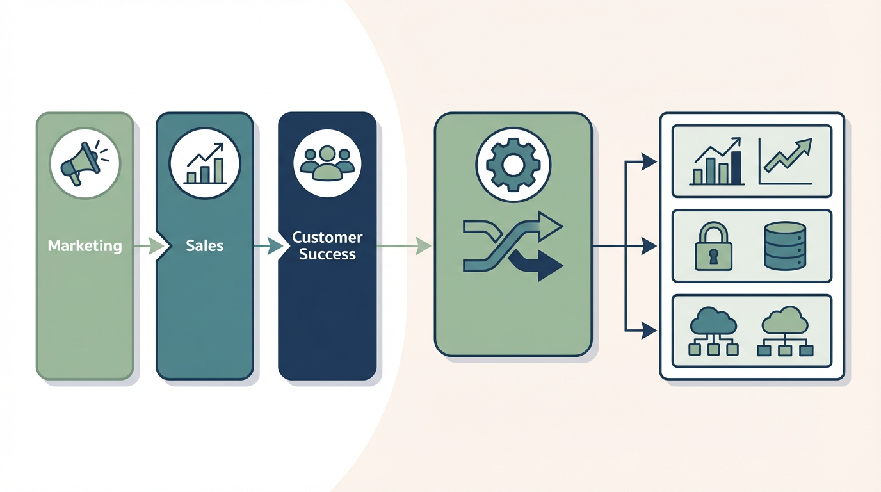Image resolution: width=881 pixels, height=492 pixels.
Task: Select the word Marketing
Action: [x=85, y=246]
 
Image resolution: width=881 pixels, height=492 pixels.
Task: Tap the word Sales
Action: [x=204, y=246]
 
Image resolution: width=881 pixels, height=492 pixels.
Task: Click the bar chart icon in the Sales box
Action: [x=205, y=164]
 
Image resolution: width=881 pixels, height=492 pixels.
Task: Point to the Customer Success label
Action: [x=327, y=246]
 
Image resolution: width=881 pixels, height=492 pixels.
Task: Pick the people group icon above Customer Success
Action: [x=327, y=163]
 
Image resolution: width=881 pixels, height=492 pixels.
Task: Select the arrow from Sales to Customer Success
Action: [x=269, y=246]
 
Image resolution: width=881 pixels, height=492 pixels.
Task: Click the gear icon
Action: [x=513, y=165]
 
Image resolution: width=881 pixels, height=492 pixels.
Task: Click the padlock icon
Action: [x=713, y=247]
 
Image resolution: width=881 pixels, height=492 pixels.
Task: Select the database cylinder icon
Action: [x=784, y=246]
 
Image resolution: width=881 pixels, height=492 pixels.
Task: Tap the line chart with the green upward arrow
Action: [x=786, y=162]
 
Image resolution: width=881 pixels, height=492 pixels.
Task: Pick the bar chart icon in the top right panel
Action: [x=717, y=163]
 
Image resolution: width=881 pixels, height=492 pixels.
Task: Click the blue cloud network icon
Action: [x=714, y=331]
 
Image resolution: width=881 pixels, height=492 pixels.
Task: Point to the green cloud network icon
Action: [x=785, y=331]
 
